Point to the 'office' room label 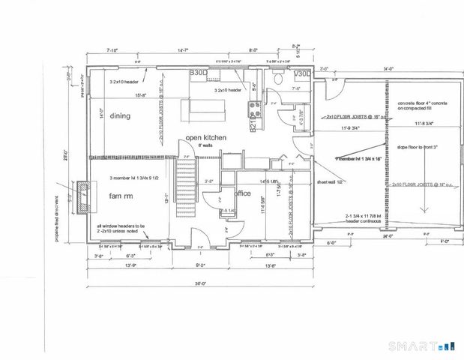click(242, 193)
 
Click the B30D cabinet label click(198, 73)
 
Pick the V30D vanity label click(302, 73)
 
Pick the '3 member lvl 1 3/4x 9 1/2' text click(136, 177)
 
